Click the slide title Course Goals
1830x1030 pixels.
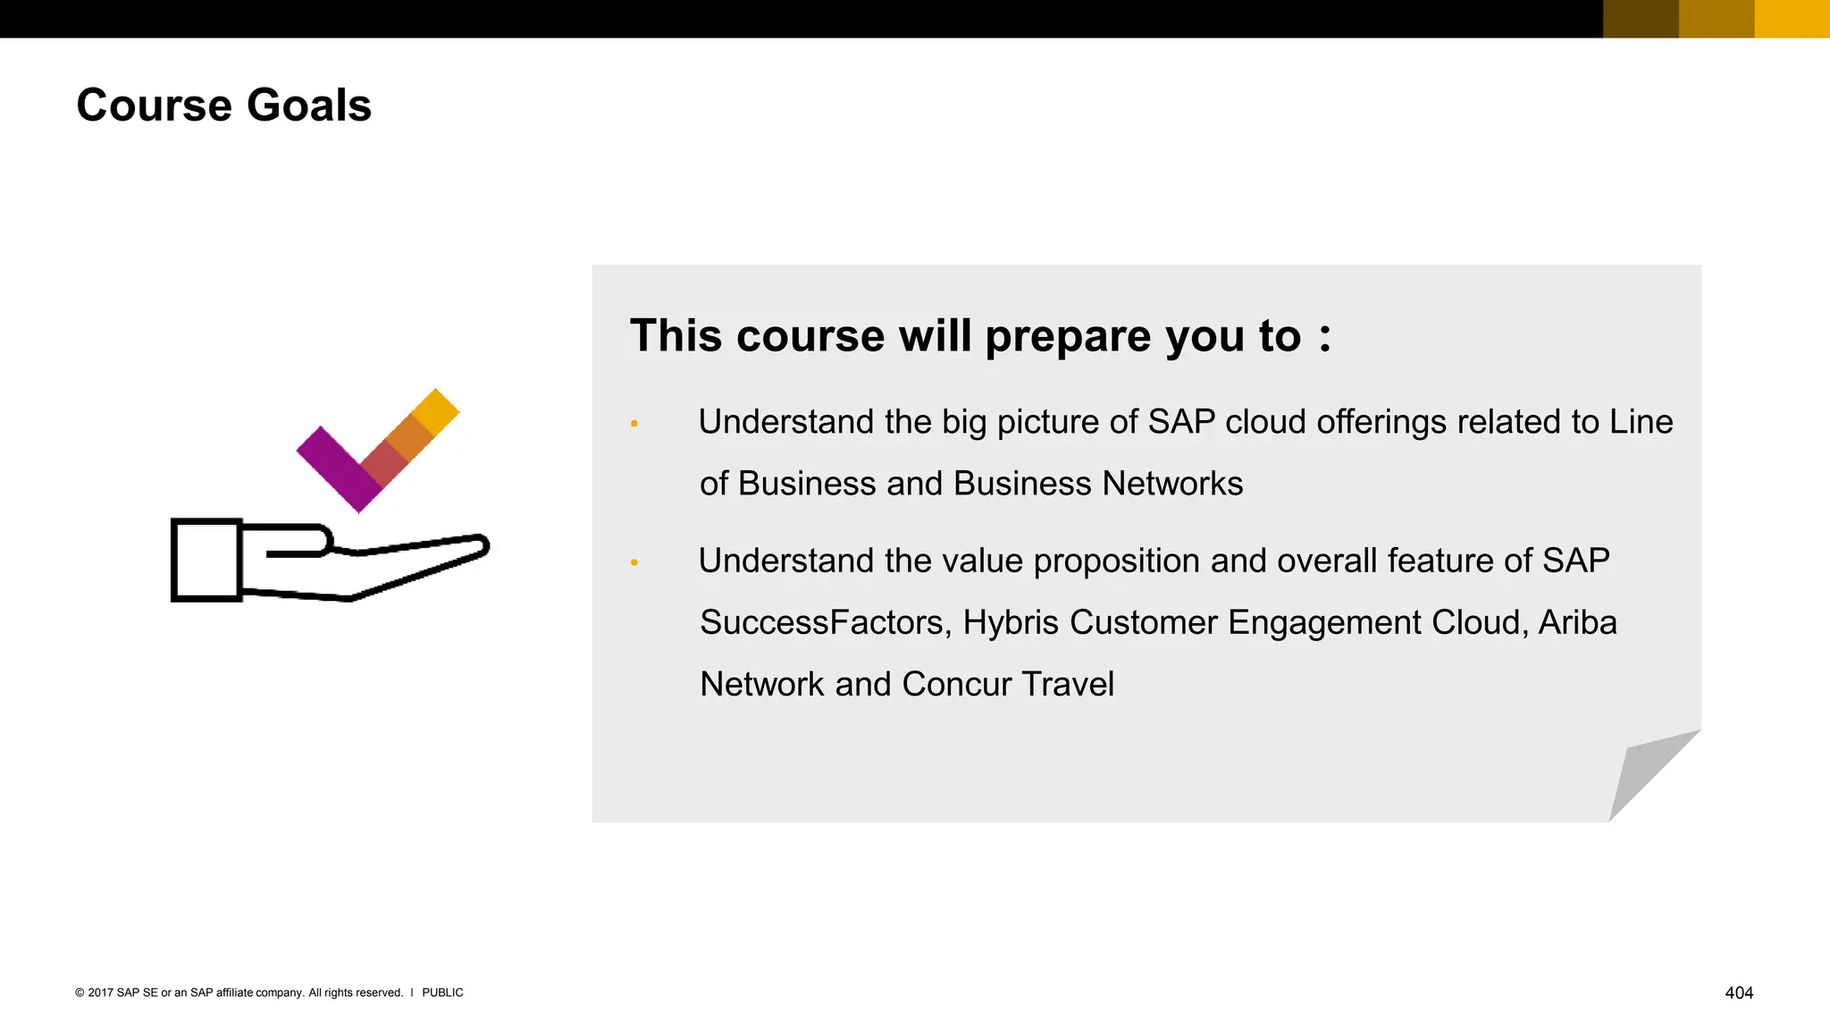point(223,106)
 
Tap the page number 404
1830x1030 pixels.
point(1738,992)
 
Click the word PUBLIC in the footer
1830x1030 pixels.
point(442,992)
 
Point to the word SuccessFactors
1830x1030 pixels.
point(823,622)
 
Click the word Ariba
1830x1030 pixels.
point(1577,622)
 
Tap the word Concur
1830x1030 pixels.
point(956,684)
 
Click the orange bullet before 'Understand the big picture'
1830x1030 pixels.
point(634,424)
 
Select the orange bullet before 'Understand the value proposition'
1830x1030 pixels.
point(634,562)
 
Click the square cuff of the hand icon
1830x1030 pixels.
point(206,560)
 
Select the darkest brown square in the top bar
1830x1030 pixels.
point(1641,19)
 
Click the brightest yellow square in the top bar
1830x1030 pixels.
point(1792,19)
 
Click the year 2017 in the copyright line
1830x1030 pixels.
point(100,992)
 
